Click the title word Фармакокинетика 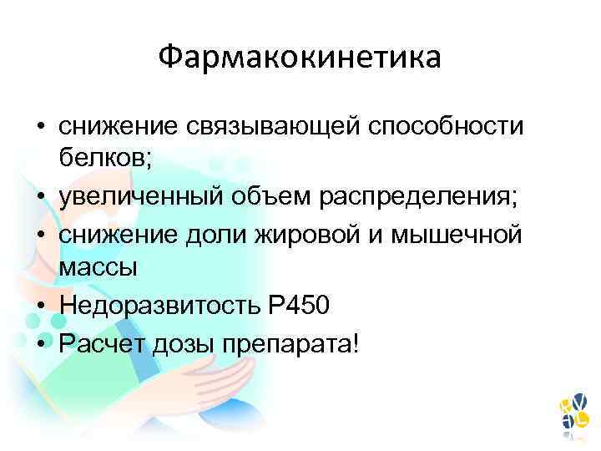coord(300,58)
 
